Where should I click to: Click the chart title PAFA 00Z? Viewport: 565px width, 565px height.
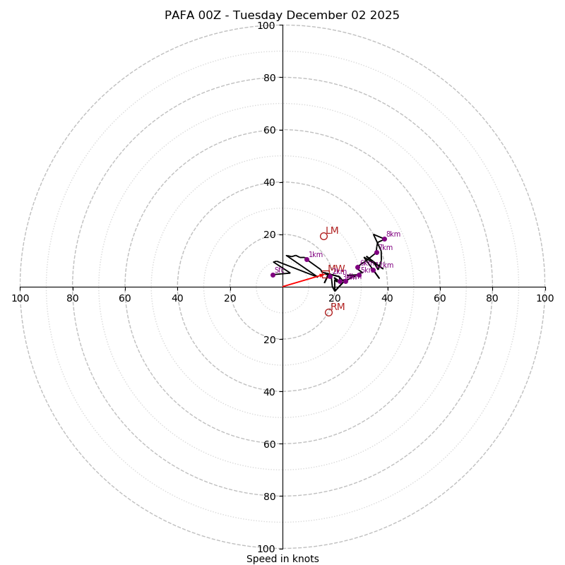[x=282, y=16]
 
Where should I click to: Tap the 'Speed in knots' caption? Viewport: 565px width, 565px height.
[x=282, y=559]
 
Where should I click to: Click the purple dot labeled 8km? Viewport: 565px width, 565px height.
[x=384, y=239]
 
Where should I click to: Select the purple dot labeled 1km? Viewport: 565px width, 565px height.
[x=307, y=259]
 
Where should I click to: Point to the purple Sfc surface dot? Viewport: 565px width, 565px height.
[x=273, y=275]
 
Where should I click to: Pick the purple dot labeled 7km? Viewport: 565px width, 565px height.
[x=376, y=252]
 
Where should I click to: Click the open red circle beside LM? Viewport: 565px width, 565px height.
[x=323, y=236]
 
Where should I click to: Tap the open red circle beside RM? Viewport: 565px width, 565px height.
[x=328, y=312]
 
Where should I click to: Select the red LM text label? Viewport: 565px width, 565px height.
[x=332, y=231]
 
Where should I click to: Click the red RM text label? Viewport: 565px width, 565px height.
[x=338, y=307]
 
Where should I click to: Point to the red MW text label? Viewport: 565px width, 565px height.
[x=336, y=269]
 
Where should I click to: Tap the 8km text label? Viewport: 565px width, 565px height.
[x=393, y=234]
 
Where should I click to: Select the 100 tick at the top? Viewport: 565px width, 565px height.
[x=266, y=25]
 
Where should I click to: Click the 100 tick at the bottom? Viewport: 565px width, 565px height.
[x=266, y=549]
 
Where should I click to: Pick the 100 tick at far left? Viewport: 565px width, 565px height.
[x=20, y=298]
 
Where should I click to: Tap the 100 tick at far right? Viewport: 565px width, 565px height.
[x=545, y=298]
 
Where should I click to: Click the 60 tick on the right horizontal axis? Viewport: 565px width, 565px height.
[x=439, y=298]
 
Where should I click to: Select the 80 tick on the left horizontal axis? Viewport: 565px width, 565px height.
[x=73, y=298]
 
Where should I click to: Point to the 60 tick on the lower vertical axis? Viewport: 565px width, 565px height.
[x=269, y=444]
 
